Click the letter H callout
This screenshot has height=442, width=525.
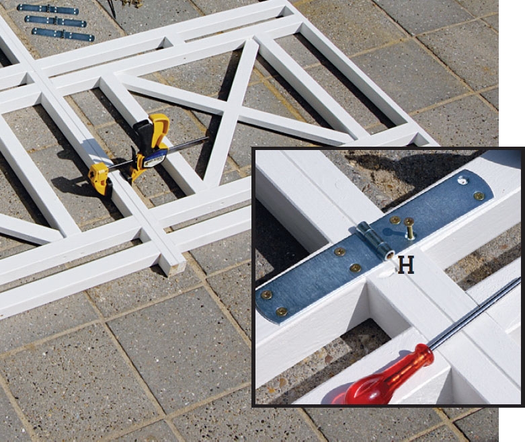coord(406,265)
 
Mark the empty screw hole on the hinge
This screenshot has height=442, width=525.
coord(463,181)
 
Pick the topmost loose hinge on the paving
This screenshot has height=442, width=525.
coord(48,9)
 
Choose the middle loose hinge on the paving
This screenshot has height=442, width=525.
coord(56,21)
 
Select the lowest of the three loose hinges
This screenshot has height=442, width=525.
coord(63,34)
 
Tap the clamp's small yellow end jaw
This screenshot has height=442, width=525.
coord(99,178)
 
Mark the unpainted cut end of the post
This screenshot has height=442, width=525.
coord(176,268)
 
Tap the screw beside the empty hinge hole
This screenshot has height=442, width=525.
coord(479,196)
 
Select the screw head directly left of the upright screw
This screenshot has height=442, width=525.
coord(395,220)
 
